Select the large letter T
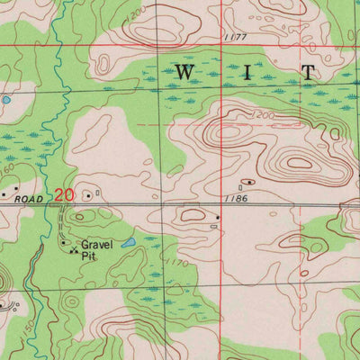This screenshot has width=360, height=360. pyautogui.click(x=308, y=71)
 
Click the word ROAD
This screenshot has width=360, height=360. pyautogui.click(x=31, y=193)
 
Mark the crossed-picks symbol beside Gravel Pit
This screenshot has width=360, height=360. pyautogui.click(x=72, y=250)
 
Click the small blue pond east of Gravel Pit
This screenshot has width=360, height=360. pyautogui.click(x=129, y=243)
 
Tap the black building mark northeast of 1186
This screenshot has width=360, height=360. pyautogui.click(x=249, y=182)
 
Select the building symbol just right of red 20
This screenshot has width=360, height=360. pyautogui.click(x=87, y=193)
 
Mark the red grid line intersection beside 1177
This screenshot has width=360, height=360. pyautogui.click(x=221, y=45)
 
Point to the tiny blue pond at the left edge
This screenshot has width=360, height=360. pyautogui.click(x=5, y=100)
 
